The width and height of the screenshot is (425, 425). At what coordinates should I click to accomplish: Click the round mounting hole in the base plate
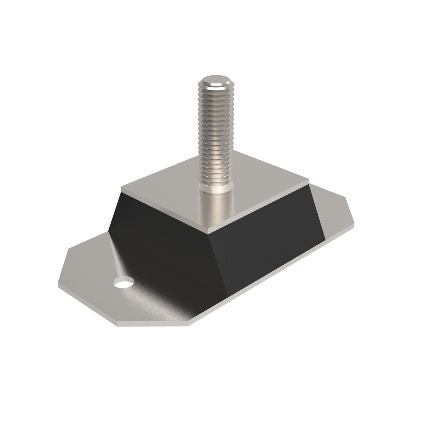coord(124,283)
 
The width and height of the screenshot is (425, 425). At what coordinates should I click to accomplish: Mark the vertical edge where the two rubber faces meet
coord(218,261)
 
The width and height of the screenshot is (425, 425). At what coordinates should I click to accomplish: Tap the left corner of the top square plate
coord(121,188)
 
